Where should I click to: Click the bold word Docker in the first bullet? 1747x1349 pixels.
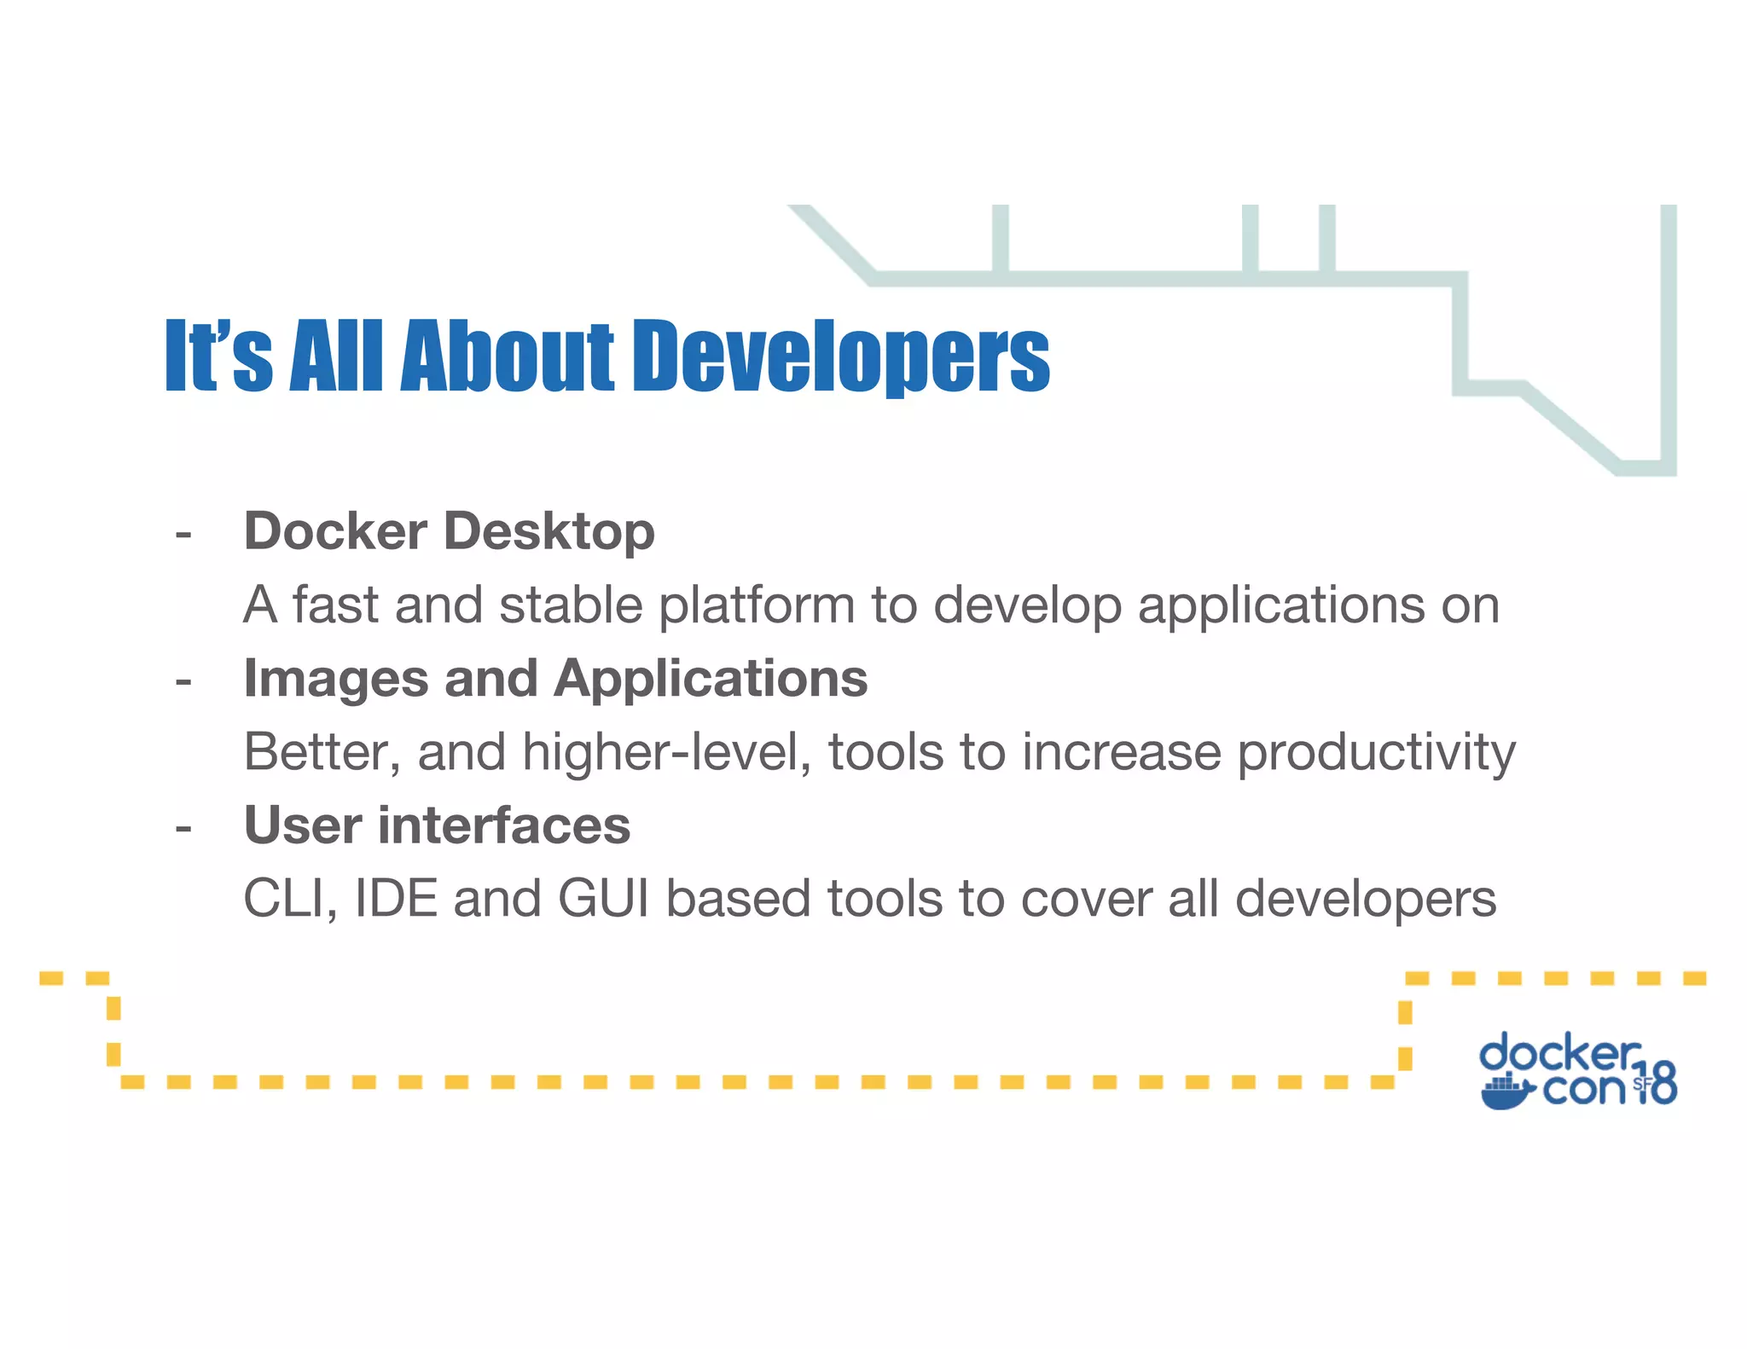335,531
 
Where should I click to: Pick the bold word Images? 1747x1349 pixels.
336,680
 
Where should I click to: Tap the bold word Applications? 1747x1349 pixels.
711,680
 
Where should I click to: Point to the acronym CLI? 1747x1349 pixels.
288,900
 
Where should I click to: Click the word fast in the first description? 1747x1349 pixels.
335,605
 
